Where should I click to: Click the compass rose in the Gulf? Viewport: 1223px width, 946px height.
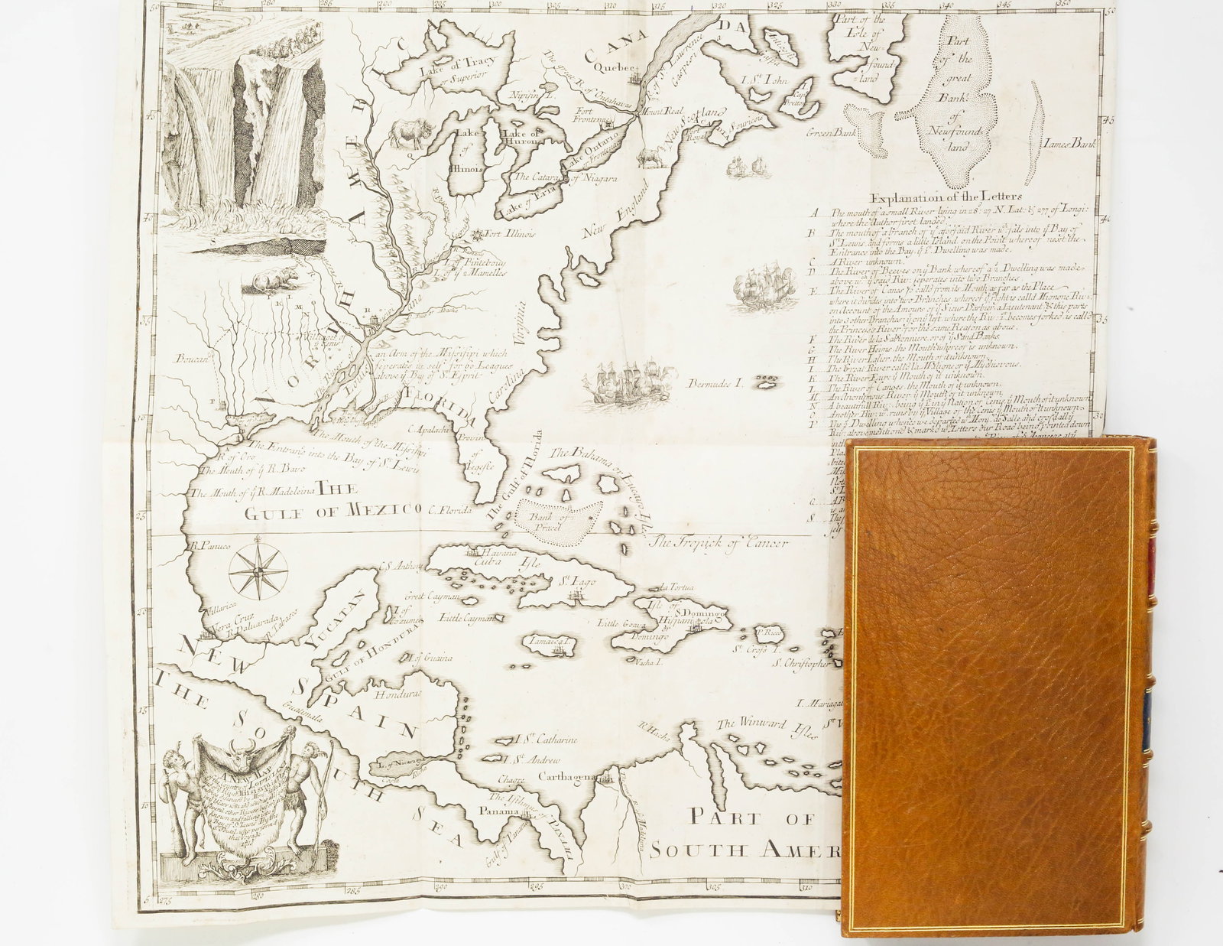(x=258, y=569)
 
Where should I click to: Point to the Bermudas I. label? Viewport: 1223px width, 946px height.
(x=715, y=382)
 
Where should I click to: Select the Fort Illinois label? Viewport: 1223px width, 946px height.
(x=508, y=233)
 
